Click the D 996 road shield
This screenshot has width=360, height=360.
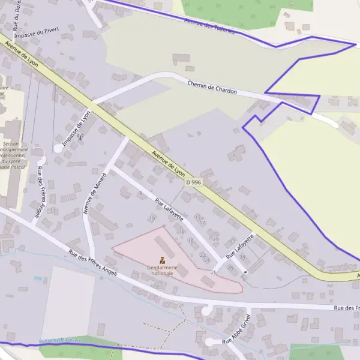[x=193, y=182]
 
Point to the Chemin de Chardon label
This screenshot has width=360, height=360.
[x=212, y=88]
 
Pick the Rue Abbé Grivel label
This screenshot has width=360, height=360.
[x=236, y=330]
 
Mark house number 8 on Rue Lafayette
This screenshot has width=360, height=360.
[x=141, y=193]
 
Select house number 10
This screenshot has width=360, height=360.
[x=152, y=218]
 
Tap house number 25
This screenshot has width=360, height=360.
[x=233, y=239]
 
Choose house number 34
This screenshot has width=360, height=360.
[x=242, y=256]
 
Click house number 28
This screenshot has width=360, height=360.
[x=229, y=267]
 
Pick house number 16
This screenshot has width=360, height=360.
[x=182, y=231]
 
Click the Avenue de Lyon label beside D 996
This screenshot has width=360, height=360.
[x=169, y=163]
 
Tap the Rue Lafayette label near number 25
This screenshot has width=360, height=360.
[x=240, y=246]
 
